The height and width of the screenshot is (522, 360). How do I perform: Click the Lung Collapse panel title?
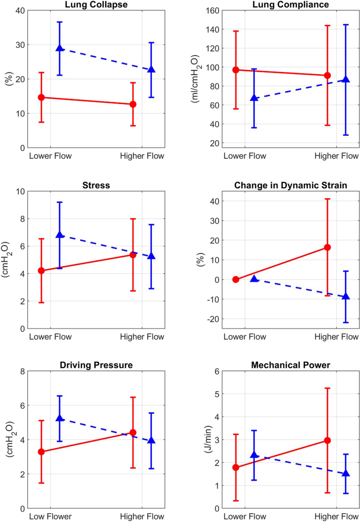pyautogui.click(x=97, y=5)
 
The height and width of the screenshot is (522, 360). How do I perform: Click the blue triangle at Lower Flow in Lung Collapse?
pyautogui.click(x=60, y=48)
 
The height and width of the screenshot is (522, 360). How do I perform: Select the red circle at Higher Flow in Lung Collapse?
pyautogui.click(x=133, y=104)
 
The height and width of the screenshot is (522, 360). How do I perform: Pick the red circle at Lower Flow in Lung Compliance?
pyautogui.click(x=236, y=70)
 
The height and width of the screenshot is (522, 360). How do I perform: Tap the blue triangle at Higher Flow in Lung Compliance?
pyautogui.click(x=345, y=79)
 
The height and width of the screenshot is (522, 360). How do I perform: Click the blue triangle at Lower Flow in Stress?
pyautogui.click(x=60, y=235)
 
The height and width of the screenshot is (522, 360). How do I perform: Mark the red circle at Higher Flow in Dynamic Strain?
pyautogui.click(x=327, y=247)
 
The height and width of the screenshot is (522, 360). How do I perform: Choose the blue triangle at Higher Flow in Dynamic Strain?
pyautogui.click(x=345, y=296)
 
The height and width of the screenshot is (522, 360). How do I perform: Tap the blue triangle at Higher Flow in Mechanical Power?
pyautogui.click(x=345, y=474)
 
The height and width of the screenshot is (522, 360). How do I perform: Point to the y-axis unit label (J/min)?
pyautogui.click(x=201, y=439)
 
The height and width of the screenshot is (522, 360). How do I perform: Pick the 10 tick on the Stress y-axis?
pyautogui.click(x=19, y=191)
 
